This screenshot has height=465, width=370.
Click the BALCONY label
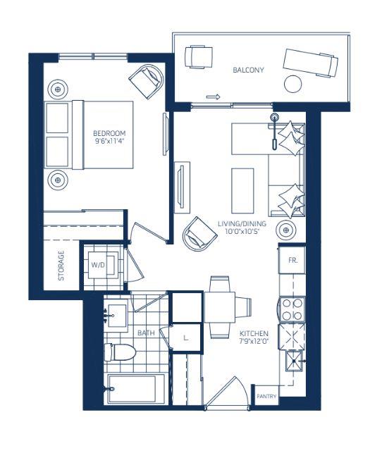point(248,70)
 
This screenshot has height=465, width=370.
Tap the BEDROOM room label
point(109,133)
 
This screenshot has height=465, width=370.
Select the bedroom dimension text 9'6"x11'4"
point(109,141)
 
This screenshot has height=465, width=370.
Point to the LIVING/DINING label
point(242,223)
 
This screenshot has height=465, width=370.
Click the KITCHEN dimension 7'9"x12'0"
point(254,341)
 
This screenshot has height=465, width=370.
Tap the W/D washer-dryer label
point(98,265)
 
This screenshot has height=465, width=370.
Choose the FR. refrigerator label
point(292,260)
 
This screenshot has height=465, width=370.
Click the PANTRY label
point(266,396)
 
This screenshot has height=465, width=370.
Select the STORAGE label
point(61,266)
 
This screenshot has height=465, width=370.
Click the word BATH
point(146,333)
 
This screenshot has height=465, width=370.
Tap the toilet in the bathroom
point(120,352)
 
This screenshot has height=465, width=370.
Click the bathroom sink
point(116,316)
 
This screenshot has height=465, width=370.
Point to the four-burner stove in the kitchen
point(292,309)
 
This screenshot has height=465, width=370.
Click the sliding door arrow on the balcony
point(214,97)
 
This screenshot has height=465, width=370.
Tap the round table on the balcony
point(293,85)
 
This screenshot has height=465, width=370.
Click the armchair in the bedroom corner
point(147,81)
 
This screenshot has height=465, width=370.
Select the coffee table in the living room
point(242,191)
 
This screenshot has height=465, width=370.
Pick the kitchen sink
point(294,361)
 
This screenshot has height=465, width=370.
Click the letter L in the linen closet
point(186,337)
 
